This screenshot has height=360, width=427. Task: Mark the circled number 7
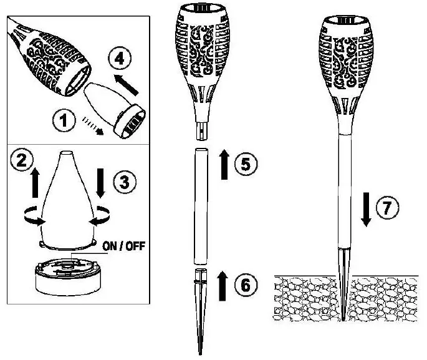(x=389, y=208)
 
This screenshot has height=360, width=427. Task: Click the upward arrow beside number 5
(x=223, y=166)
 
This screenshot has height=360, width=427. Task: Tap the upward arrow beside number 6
(x=223, y=286)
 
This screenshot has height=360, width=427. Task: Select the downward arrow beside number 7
(x=367, y=209)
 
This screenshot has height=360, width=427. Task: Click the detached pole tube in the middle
(x=200, y=205)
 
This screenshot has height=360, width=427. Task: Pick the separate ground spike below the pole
(x=199, y=306)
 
